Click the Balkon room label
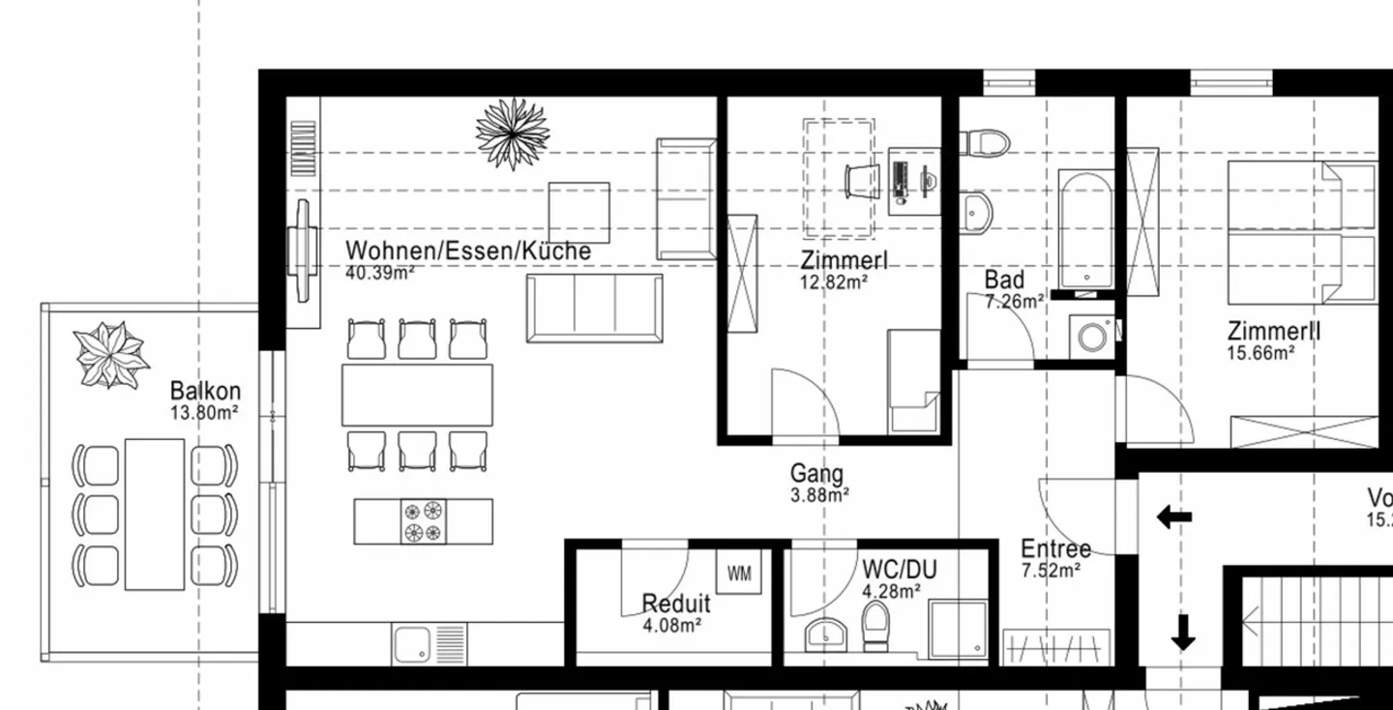(205, 392)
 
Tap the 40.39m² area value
(379, 273)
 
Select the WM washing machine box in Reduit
(739, 573)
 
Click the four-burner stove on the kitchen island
(424, 521)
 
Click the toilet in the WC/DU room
(875, 627)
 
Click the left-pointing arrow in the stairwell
(1173, 518)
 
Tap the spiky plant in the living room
(513, 133)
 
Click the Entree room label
(1055, 549)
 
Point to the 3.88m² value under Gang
(819, 495)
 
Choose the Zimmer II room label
(1274, 332)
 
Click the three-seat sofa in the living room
(594, 308)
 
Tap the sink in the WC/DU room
(824, 635)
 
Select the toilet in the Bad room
(985, 143)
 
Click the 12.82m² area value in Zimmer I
(833, 281)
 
